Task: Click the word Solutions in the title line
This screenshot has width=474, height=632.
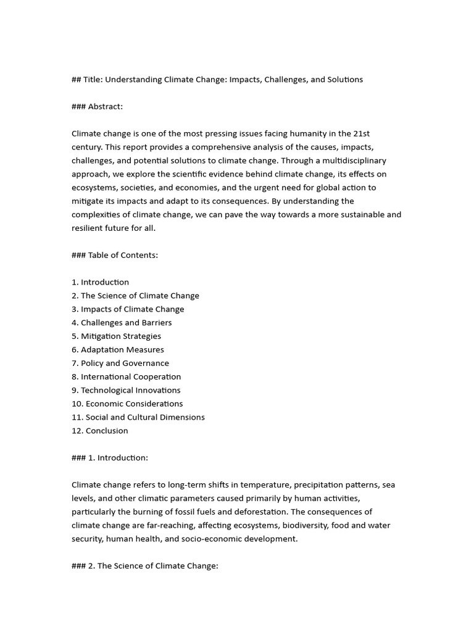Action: pos(344,80)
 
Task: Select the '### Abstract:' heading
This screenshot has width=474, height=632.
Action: pos(97,107)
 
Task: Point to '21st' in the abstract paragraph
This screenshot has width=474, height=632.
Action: pos(362,133)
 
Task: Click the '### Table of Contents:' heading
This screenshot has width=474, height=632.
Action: pos(115,255)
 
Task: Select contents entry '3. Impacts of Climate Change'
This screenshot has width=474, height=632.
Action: pos(128,309)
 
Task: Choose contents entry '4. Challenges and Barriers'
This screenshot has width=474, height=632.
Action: pos(122,323)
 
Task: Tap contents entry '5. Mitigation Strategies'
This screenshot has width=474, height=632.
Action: pos(116,336)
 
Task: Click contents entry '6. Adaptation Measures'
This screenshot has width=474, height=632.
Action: pos(117,350)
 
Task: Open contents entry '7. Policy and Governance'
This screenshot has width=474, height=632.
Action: pos(120,364)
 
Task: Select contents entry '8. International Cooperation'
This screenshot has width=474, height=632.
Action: pos(126,377)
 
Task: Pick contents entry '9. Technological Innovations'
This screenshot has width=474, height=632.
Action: pos(126,391)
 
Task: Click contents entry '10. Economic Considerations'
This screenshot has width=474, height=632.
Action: pos(127,404)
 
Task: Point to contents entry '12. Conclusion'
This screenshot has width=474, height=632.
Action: pos(100,431)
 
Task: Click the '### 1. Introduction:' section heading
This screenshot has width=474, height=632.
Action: pos(110,458)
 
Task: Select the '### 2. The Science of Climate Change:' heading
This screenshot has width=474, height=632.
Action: pos(145,566)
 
